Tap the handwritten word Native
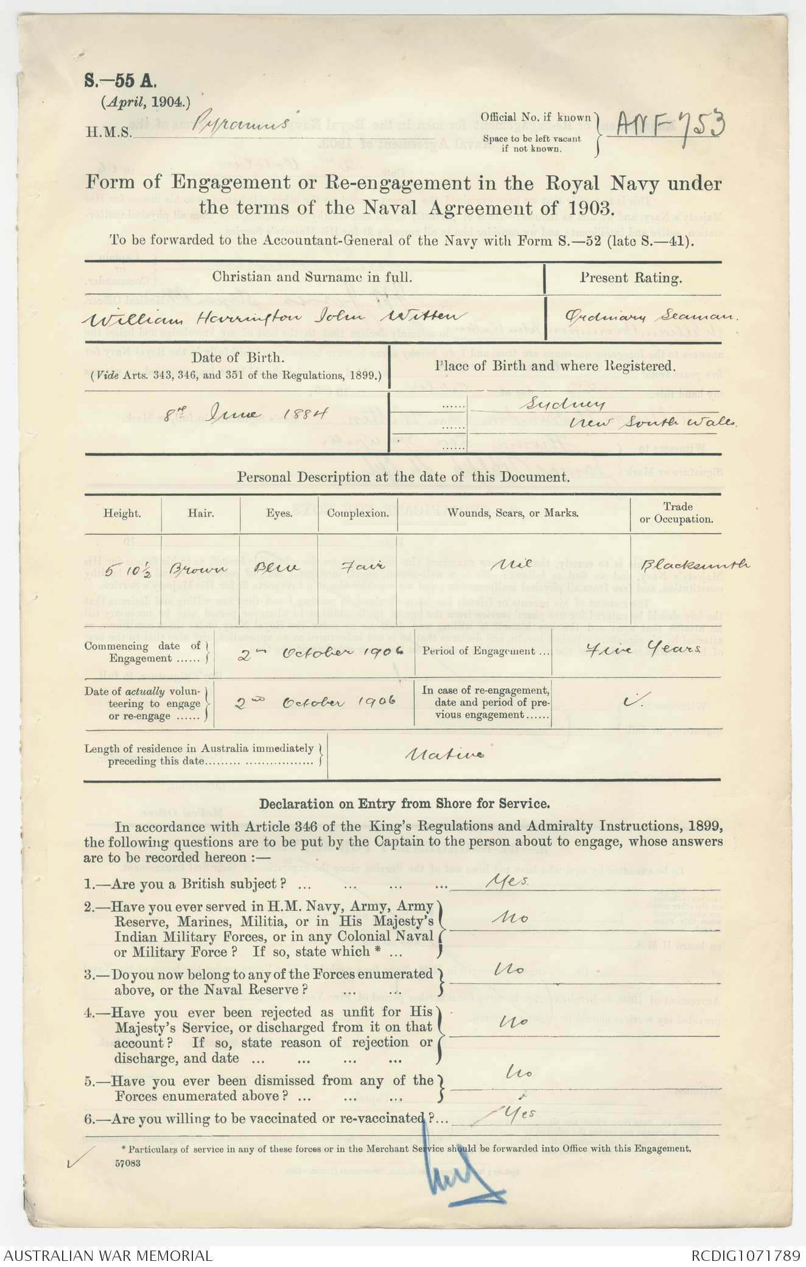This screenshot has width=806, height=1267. click(x=445, y=755)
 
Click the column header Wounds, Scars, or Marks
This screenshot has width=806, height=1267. click(x=513, y=513)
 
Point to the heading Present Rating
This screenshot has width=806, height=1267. click(x=630, y=278)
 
